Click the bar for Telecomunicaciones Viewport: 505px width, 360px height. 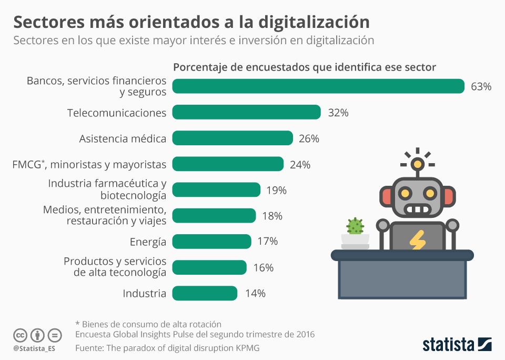(x=246, y=112)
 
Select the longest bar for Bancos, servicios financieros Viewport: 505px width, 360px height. (x=318, y=86)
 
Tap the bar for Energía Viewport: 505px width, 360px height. (x=211, y=242)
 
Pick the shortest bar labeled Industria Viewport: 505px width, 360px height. (x=205, y=293)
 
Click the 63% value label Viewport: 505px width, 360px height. (x=481, y=87)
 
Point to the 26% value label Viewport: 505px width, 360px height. (x=309, y=138)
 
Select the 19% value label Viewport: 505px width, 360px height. (x=277, y=190)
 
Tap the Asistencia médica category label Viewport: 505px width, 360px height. (x=123, y=138)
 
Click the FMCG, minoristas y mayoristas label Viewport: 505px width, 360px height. (x=89, y=164)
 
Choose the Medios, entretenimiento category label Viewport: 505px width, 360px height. (x=105, y=215)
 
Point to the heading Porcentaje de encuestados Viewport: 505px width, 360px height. (x=305, y=67)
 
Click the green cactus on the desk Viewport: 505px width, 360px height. (x=355, y=226)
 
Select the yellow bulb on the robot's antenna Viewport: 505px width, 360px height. (x=418, y=164)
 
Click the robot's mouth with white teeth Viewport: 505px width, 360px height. (x=418, y=210)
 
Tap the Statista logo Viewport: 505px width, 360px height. (x=457, y=345)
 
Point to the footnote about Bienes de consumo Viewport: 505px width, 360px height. (x=148, y=324)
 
